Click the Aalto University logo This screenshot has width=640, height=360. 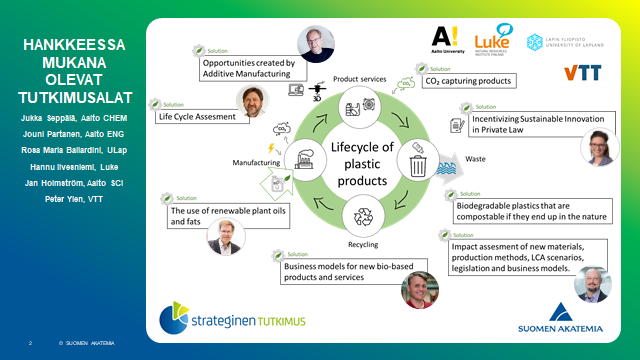pyautogui.click(x=449, y=39)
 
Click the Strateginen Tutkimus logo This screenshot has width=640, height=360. pyautogui.click(x=233, y=319)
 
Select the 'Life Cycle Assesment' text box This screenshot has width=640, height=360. pyautogui.click(x=194, y=116)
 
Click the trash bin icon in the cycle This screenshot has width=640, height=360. pyautogui.click(x=418, y=164)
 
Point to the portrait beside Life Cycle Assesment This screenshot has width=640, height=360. pyautogui.click(x=251, y=101)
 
